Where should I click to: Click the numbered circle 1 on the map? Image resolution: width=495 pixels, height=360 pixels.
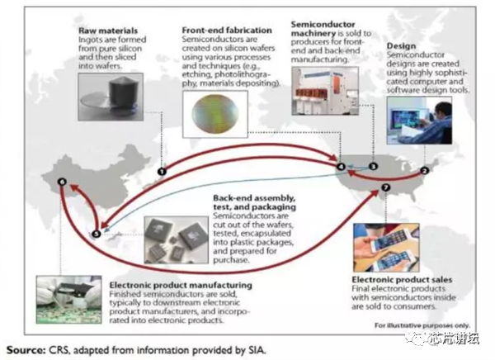pos(162,171)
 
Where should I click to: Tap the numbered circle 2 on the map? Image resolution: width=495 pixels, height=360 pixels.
pos(425,171)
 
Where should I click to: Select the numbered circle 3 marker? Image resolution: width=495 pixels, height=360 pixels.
pos(372,167)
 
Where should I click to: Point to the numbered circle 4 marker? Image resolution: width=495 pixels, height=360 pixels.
pos(340,168)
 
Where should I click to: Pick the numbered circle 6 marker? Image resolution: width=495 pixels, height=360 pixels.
pos(60,182)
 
